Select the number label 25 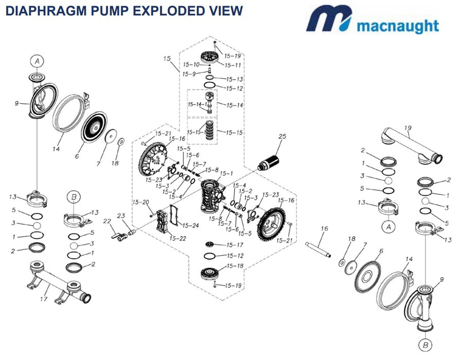[x=282, y=136]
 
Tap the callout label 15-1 [x=226, y=174]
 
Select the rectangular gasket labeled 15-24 [x=176, y=217]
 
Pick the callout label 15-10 [x=192, y=65]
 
